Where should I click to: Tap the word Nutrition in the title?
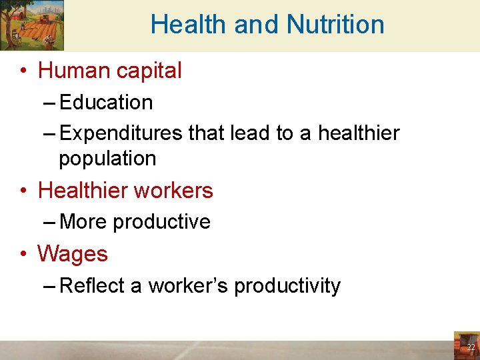[x=335, y=25]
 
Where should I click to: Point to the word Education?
[x=106, y=102]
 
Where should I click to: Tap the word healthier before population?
[x=359, y=133]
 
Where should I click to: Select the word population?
[x=107, y=159]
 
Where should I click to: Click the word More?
[x=83, y=221]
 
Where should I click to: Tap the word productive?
[x=162, y=221]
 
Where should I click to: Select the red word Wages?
[x=73, y=253]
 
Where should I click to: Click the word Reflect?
[x=92, y=285]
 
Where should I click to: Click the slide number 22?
[x=471, y=347]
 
